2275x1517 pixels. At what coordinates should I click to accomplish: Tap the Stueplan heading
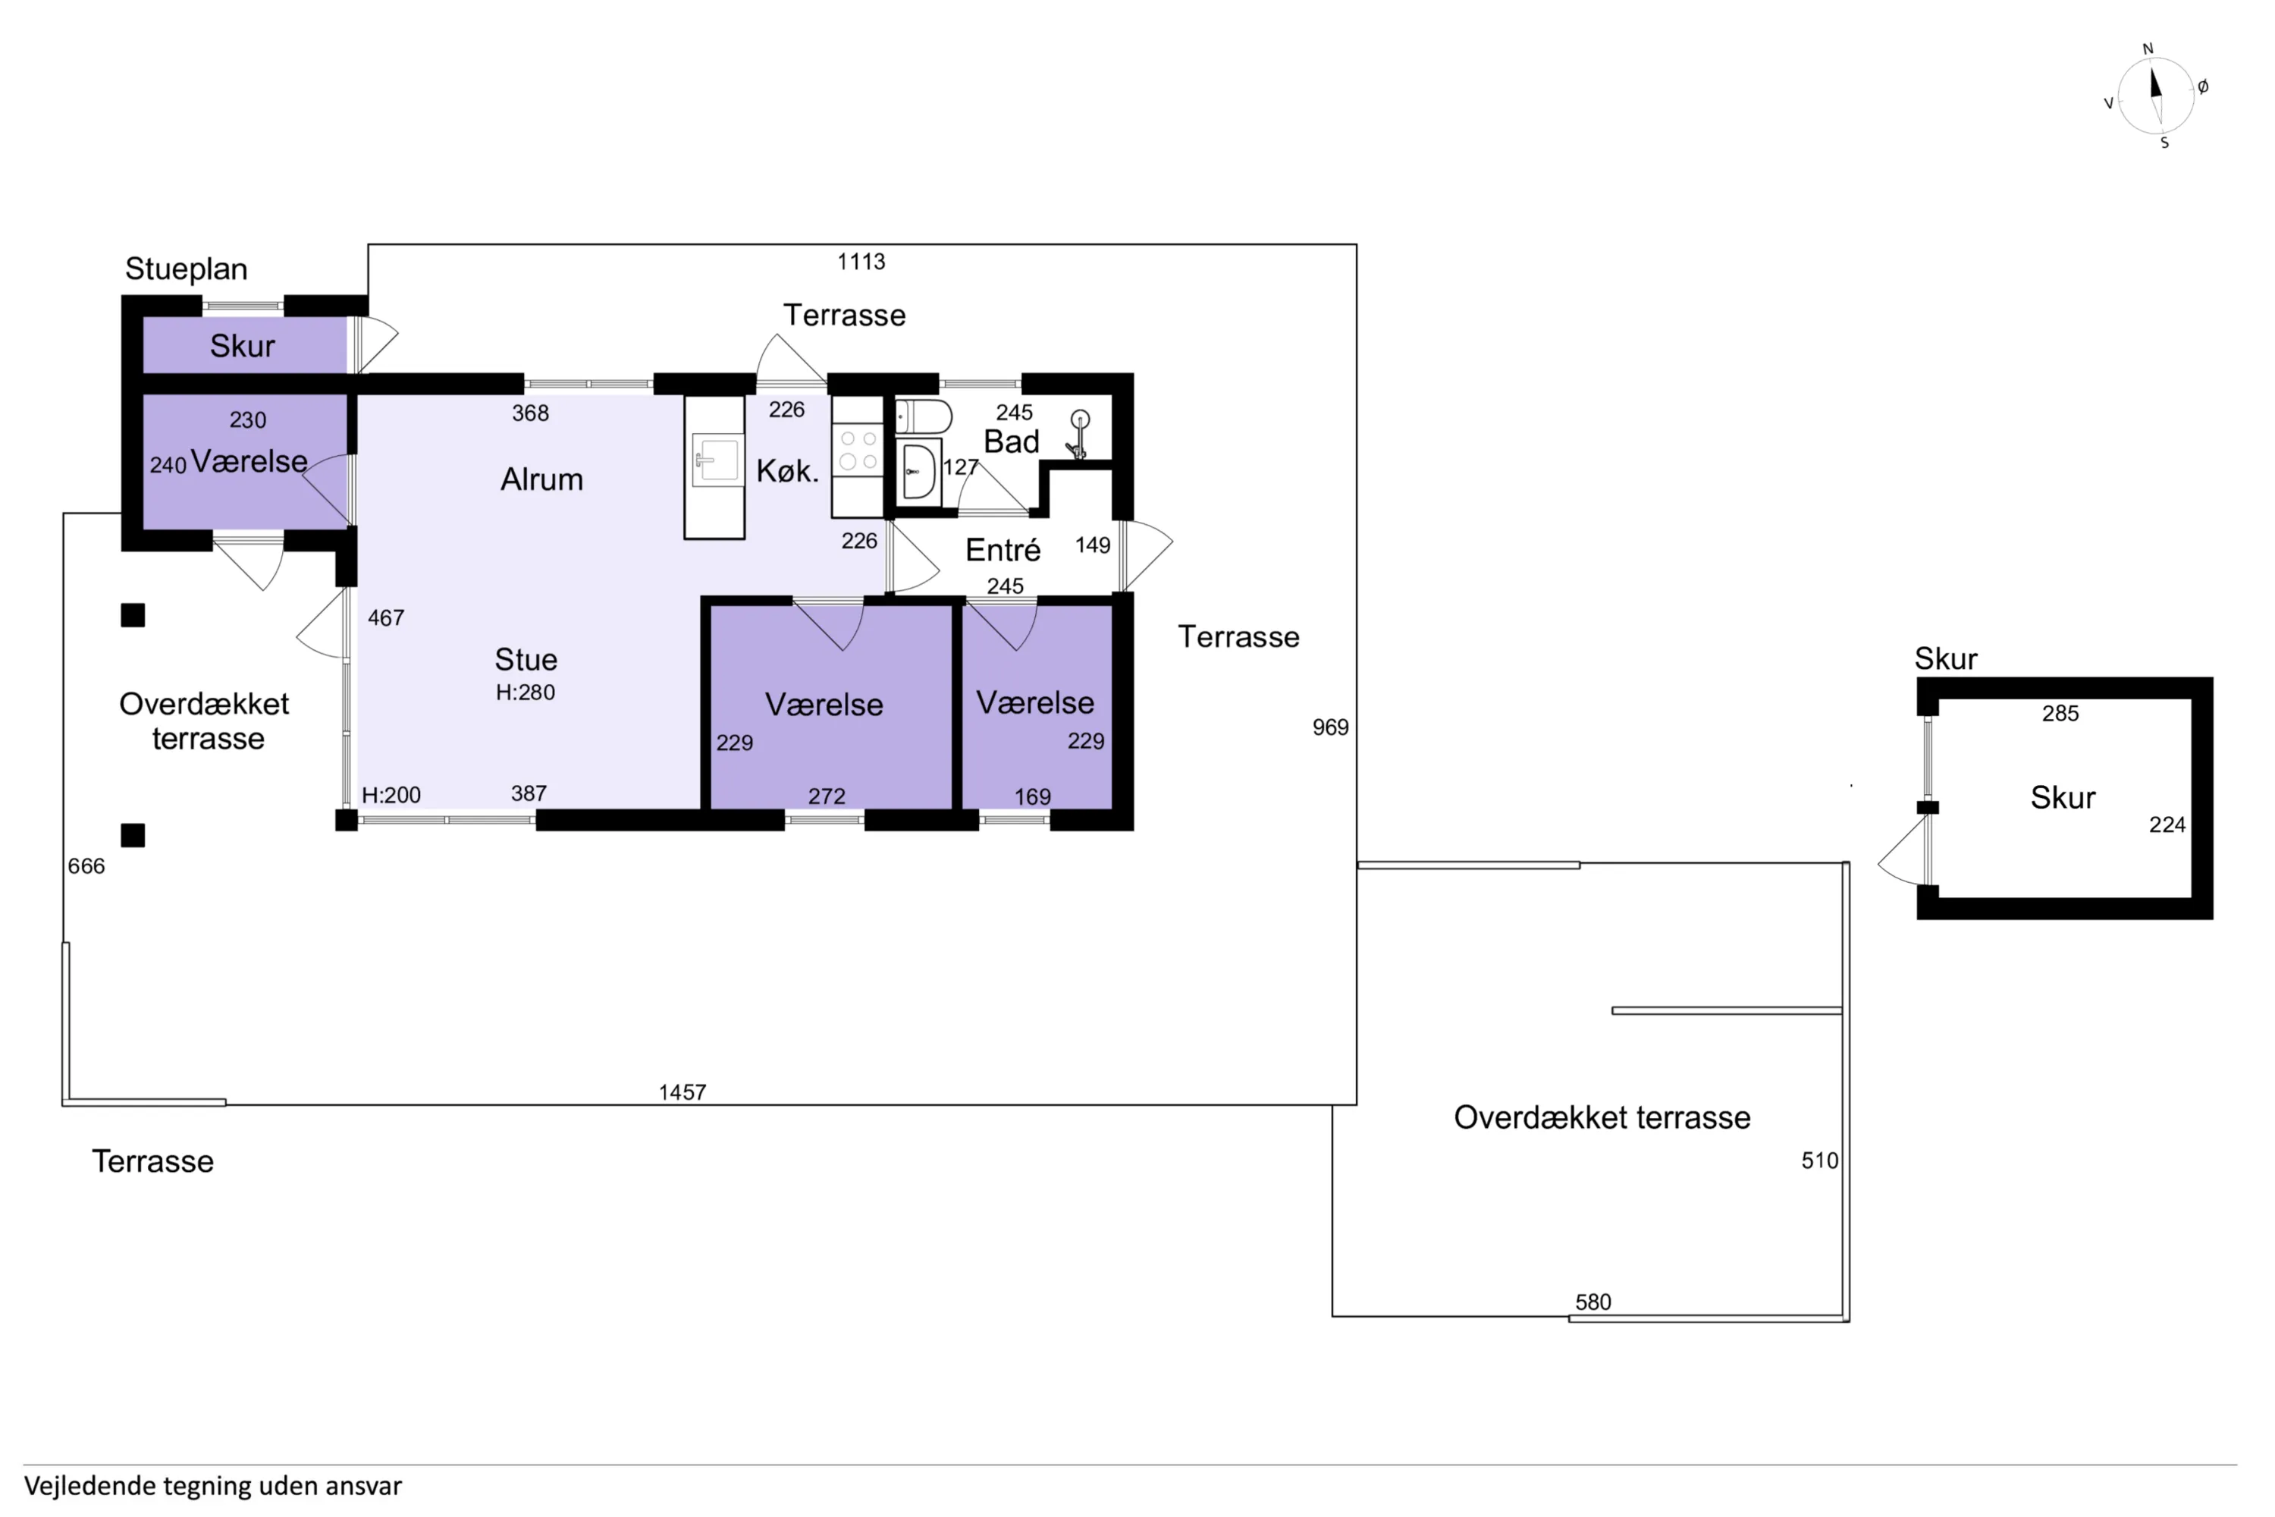click(187, 269)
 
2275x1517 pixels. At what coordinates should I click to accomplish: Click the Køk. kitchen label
click(787, 471)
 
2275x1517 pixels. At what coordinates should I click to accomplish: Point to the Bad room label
click(1011, 441)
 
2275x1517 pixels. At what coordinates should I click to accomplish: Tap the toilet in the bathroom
click(924, 417)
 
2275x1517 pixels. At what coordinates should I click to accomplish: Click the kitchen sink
click(716, 460)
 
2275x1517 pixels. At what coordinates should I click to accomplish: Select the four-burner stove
click(858, 450)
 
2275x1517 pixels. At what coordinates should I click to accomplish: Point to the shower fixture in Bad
click(1078, 435)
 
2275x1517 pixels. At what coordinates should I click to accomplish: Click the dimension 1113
click(861, 261)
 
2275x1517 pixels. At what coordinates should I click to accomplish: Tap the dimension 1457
click(683, 1092)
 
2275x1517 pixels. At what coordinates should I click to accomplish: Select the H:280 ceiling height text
click(526, 692)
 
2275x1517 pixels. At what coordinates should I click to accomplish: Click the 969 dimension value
click(1330, 727)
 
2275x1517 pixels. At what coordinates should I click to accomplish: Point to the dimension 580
click(1593, 1302)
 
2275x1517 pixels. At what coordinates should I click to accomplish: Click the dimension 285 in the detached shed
click(2060, 714)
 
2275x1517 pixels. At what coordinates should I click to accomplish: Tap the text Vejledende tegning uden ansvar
click(213, 1486)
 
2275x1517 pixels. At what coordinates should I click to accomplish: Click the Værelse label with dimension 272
click(824, 705)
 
